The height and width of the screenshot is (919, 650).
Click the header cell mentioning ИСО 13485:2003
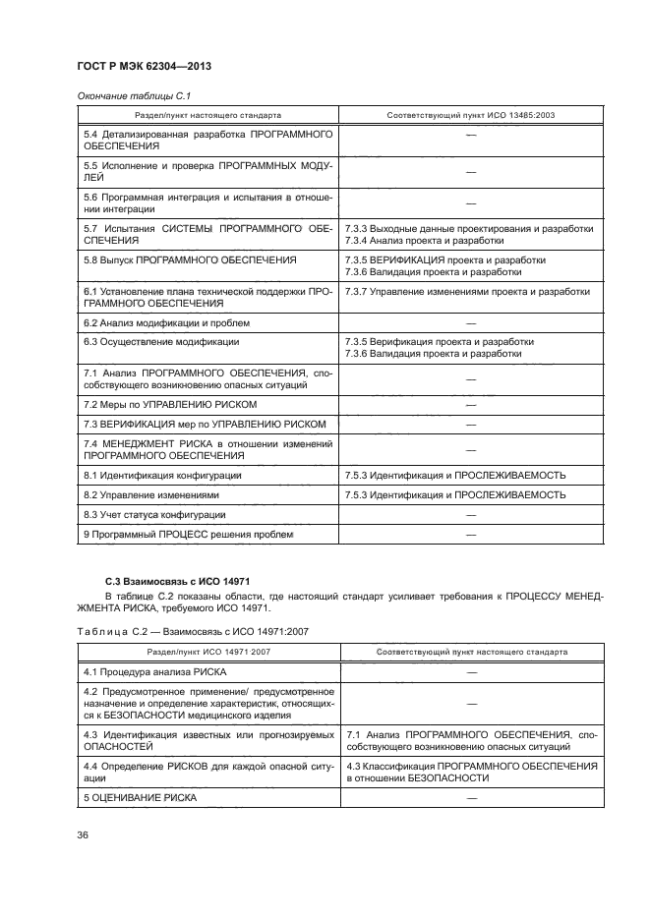471,115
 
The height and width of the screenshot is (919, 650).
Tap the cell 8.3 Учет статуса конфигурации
154,514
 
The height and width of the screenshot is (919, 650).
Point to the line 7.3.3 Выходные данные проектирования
469,228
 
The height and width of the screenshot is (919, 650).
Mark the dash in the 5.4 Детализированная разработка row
471,139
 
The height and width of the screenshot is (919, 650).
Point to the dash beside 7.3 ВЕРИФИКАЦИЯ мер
471,424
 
